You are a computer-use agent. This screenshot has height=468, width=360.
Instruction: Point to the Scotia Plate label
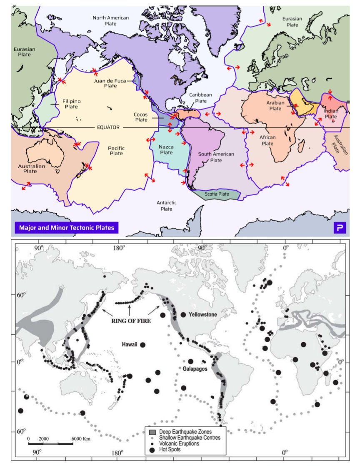pos(217,194)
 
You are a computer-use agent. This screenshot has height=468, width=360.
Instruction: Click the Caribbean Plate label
pos(201,98)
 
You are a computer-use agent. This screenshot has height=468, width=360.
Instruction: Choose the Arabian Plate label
pos(275,106)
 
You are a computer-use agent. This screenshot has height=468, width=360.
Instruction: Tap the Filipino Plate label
pos(71,104)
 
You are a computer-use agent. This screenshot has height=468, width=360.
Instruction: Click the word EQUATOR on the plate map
pos(108,127)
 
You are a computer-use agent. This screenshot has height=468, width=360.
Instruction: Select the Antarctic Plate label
pos(167,206)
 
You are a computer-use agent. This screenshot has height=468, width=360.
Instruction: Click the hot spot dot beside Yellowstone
pos(183,314)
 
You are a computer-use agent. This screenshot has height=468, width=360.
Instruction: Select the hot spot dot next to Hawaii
pos(142,345)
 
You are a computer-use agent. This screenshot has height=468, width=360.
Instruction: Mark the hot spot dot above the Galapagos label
pos(190,361)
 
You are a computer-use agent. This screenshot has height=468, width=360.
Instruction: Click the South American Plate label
pos(216,157)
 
